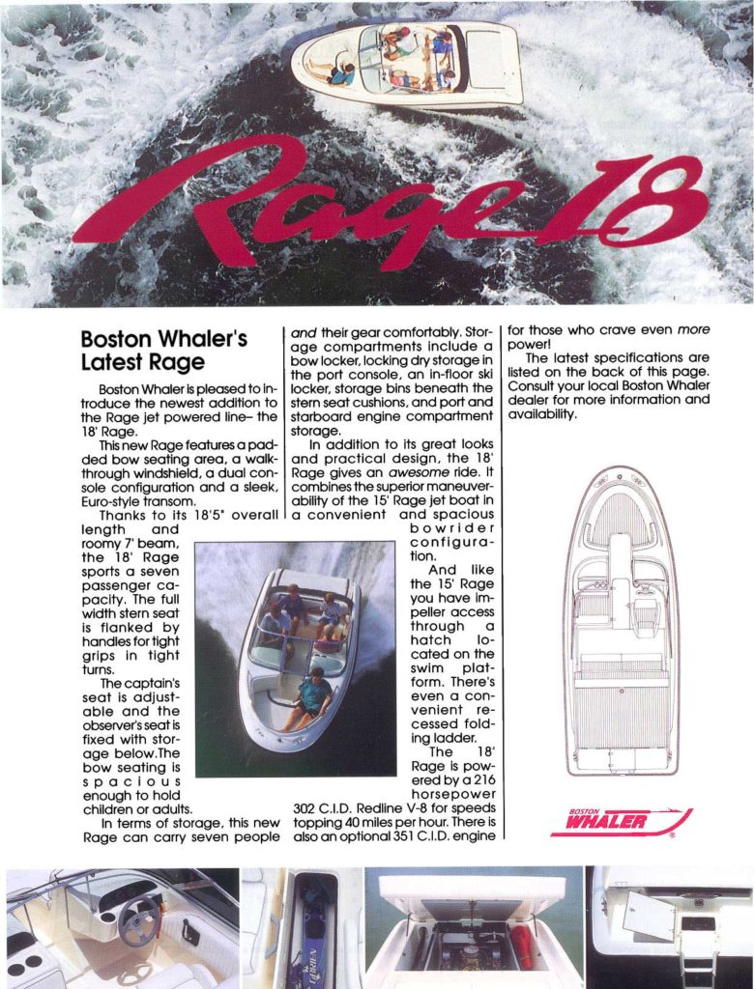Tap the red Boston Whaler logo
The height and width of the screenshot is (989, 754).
(x=620, y=821)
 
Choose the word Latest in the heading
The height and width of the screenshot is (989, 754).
(x=110, y=362)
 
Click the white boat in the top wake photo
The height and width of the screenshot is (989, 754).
(x=406, y=63)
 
